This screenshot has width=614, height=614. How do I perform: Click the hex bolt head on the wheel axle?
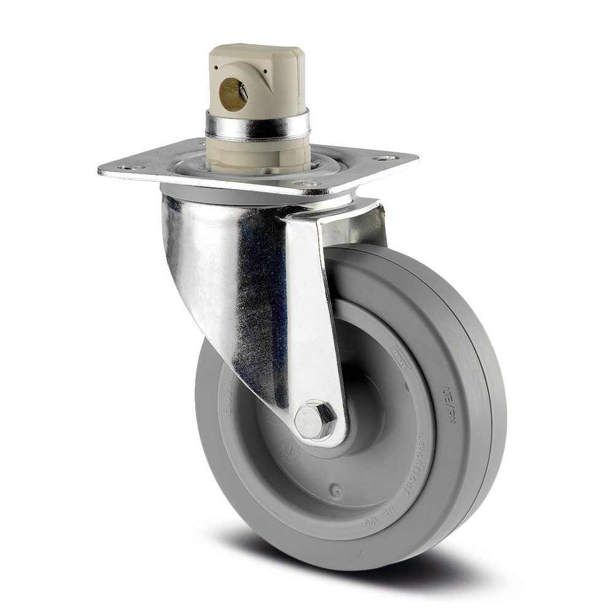point(314,421)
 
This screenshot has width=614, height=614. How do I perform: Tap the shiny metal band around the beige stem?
point(258,125)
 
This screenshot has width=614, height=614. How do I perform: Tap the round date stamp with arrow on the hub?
point(290,451)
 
